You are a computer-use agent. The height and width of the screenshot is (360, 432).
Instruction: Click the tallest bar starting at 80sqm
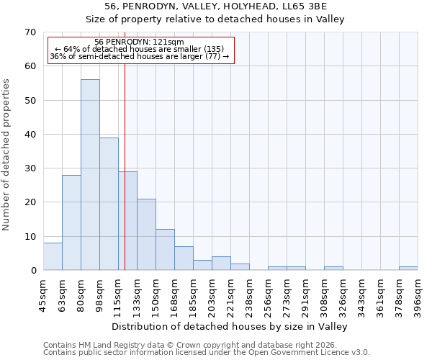pyautogui.click(x=90, y=175)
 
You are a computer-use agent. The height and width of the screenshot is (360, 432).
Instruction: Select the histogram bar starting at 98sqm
pyautogui.click(x=109, y=204)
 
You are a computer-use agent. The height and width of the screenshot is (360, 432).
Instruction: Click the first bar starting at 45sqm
pyautogui.click(x=53, y=257)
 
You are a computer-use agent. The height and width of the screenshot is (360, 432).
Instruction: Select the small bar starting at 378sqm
pyautogui.click(x=408, y=269)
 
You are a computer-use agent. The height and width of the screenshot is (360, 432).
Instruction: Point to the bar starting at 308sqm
pyautogui.click(x=333, y=269)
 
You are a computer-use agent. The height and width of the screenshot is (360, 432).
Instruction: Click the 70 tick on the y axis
pyautogui.click(x=30, y=32)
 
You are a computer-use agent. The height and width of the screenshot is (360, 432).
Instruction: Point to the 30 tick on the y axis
pyautogui.click(x=30, y=168)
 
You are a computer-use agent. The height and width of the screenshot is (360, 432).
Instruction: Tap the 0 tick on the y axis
pyautogui.click(x=32, y=271)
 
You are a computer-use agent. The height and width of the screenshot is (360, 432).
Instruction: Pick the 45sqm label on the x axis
pyautogui.click(x=44, y=295)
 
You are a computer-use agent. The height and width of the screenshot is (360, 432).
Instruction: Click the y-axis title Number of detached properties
pyautogui.click(x=6, y=156)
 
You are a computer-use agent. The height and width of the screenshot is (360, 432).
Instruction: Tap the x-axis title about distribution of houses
pyautogui.click(x=230, y=327)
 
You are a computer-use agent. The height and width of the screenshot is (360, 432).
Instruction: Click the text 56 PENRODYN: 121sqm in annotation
pyautogui.click(x=140, y=42)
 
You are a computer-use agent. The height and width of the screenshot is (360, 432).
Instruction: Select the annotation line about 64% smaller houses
pyautogui.click(x=140, y=49)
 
